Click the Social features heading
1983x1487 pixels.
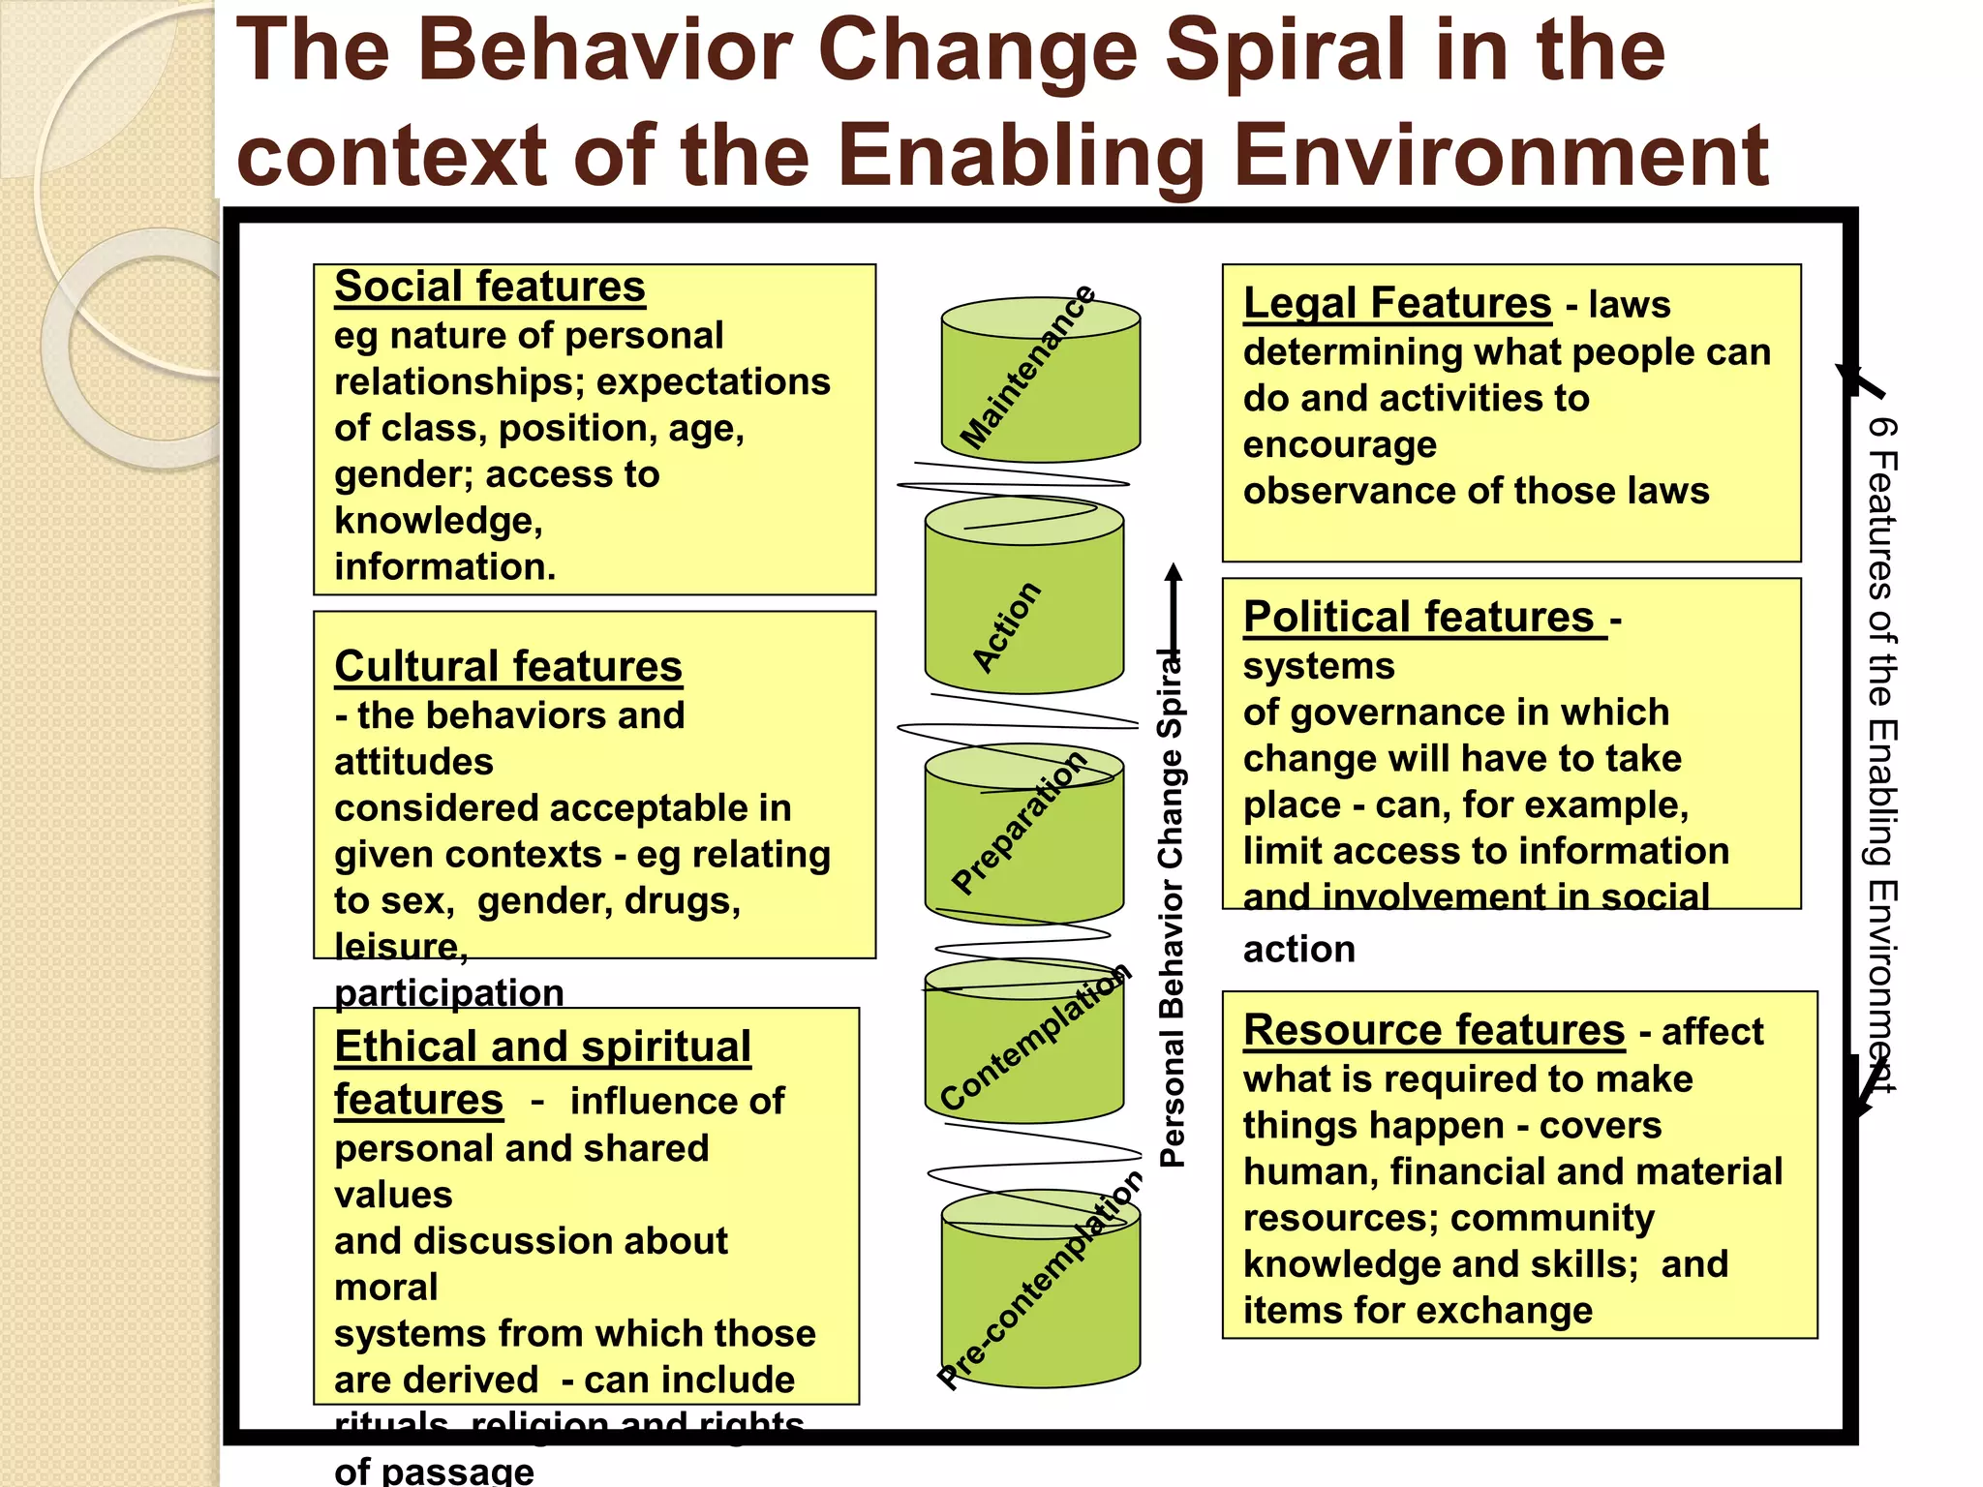489,288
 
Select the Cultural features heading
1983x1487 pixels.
508,667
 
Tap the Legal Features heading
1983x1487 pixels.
1397,304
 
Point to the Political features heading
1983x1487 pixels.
1419,618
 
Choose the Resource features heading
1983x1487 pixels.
1434,1031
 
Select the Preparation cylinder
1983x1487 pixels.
1024,833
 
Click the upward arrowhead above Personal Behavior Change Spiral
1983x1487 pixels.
1174,572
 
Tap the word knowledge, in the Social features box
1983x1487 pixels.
439,522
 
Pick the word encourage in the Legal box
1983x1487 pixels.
1340,445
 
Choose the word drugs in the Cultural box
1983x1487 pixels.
682,901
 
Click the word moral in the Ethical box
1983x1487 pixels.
386,1289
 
